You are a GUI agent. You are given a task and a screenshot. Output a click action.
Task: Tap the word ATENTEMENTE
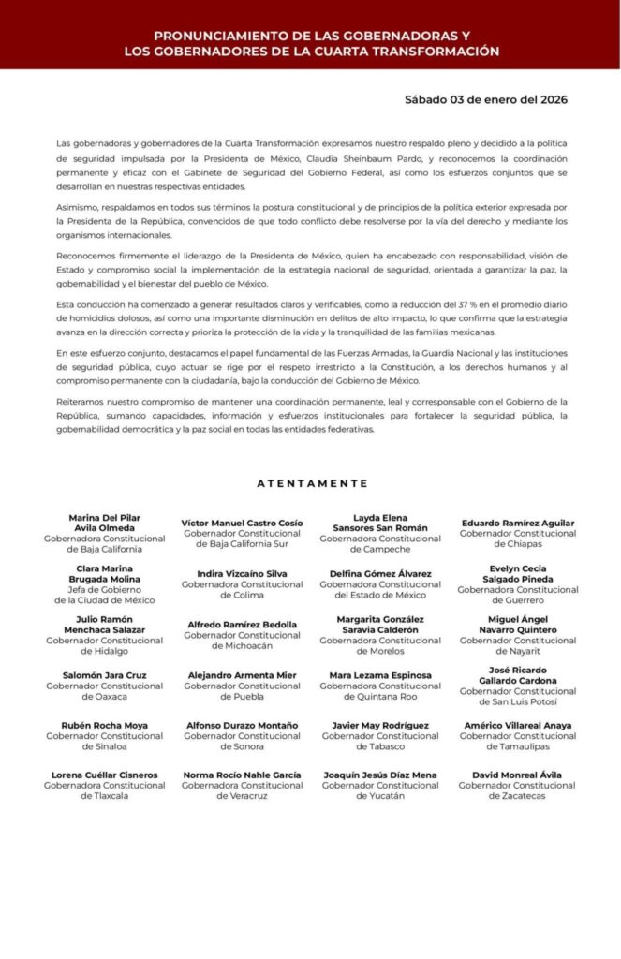[x=312, y=483]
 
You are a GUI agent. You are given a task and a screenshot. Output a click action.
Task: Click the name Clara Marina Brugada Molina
[x=105, y=574]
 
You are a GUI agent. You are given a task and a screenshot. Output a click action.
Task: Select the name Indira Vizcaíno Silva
[x=243, y=573]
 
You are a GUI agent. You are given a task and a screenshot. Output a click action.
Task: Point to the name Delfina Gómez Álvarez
[x=380, y=573]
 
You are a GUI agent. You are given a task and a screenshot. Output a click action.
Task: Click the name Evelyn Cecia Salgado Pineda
[x=518, y=573]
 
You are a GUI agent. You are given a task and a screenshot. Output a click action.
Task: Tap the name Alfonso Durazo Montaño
[x=243, y=725]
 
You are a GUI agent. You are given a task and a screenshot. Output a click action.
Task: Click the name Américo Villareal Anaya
[x=518, y=725]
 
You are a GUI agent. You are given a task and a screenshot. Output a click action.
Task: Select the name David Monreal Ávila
[x=518, y=775]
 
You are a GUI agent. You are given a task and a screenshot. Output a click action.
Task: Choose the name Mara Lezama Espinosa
[x=380, y=674]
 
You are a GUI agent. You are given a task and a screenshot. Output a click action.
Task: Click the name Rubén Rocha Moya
[x=105, y=725]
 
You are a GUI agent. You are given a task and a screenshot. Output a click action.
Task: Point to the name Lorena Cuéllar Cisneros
[x=105, y=775]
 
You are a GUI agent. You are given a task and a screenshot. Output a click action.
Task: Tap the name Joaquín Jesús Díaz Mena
[x=380, y=775]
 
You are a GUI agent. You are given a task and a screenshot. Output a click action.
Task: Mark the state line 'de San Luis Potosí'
[x=518, y=701]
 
